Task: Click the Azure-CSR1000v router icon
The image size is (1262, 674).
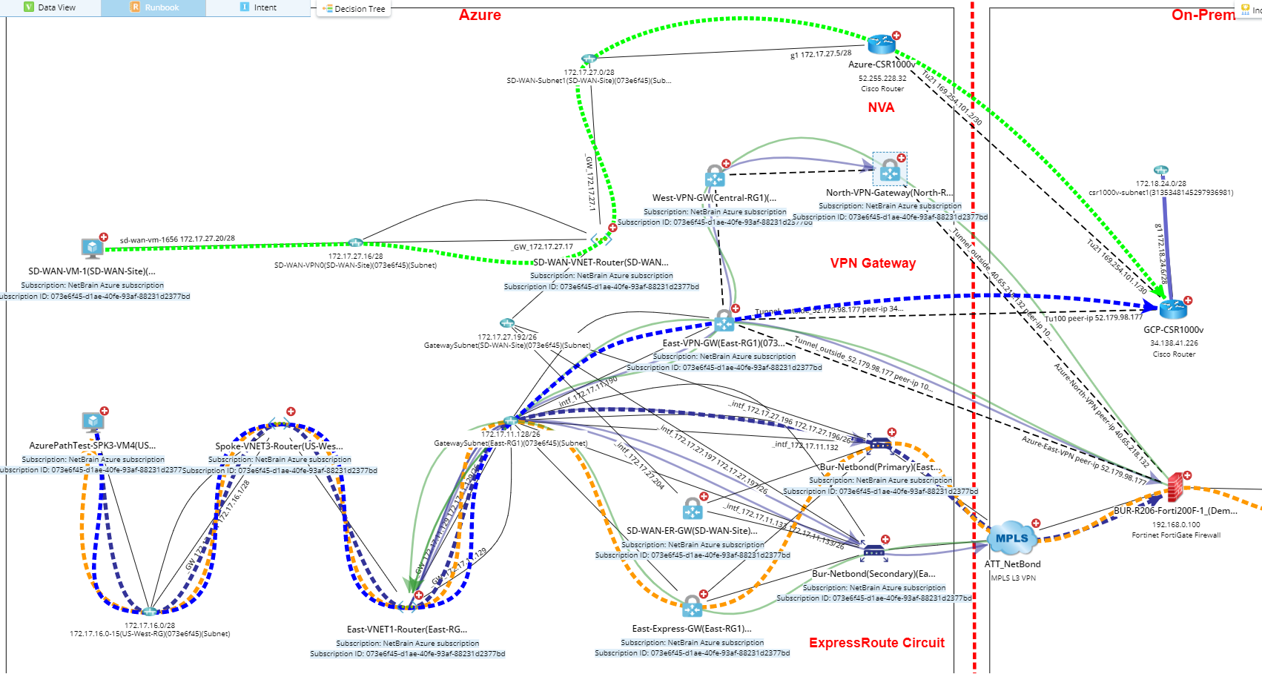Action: pyautogui.click(x=882, y=44)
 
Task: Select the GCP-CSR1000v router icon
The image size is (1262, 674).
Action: pyautogui.click(x=1173, y=308)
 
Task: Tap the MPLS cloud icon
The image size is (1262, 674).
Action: pyautogui.click(x=1011, y=538)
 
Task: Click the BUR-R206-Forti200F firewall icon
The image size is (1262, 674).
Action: pyautogui.click(x=1175, y=487)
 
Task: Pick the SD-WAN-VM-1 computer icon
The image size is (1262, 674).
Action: pyautogui.click(x=92, y=248)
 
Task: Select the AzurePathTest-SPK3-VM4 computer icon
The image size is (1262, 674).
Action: pyautogui.click(x=93, y=422)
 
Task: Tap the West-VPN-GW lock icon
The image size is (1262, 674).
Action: pyautogui.click(x=715, y=176)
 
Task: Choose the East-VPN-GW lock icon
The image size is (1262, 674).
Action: pyautogui.click(x=724, y=321)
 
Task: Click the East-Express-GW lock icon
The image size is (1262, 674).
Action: pyautogui.click(x=692, y=606)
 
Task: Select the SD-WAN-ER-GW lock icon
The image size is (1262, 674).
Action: pyautogui.click(x=692, y=509)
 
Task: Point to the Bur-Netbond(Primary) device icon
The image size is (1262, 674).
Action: pyautogui.click(x=879, y=443)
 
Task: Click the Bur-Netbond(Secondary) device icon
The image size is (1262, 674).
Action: pyautogui.click(x=873, y=550)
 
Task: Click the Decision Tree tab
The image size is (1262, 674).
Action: pyautogui.click(x=354, y=9)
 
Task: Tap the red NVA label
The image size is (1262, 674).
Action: pyautogui.click(x=881, y=108)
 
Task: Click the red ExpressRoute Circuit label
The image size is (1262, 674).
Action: pyautogui.click(x=876, y=643)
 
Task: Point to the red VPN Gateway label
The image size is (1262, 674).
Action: pyautogui.click(x=873, y=263)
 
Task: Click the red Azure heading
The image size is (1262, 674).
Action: pyautogui.click(x=480, y=15)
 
